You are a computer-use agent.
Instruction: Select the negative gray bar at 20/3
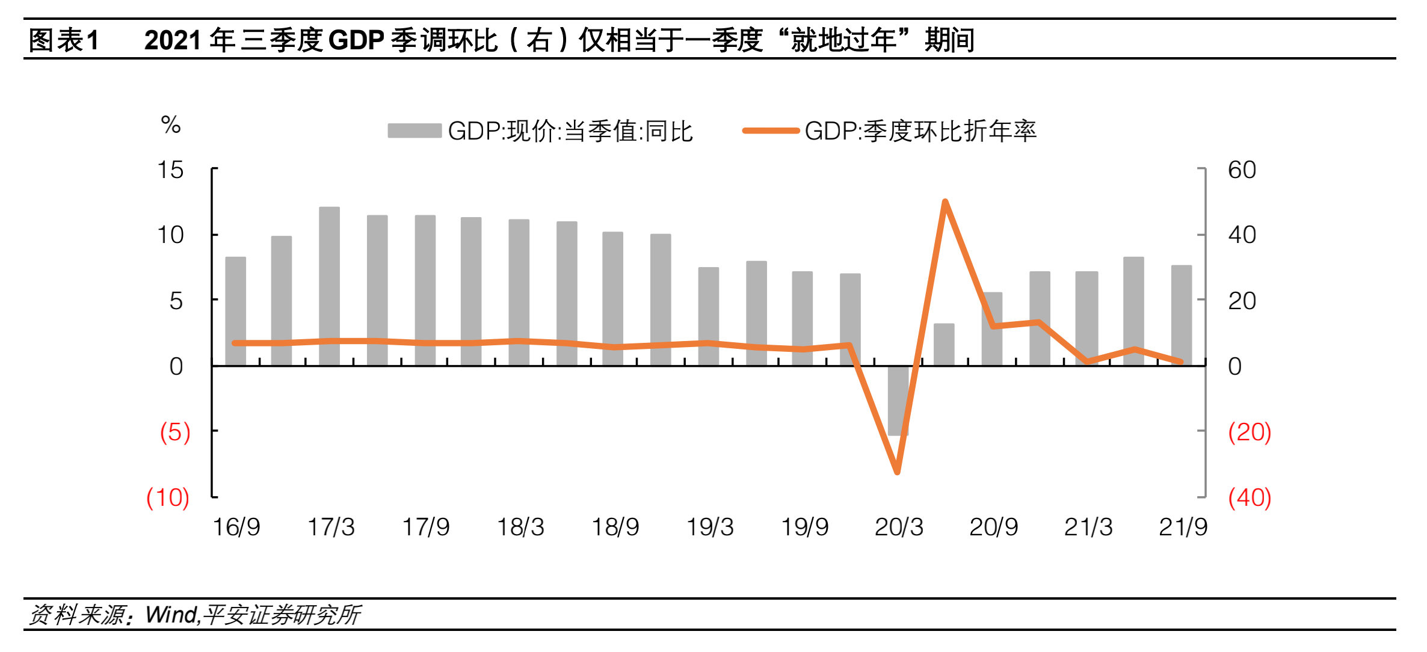tap(898, 401)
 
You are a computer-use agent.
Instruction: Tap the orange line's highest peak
tap(945, 202)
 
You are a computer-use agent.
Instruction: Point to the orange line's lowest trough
tap(897, 472)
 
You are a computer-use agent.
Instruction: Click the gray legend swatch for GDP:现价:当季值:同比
tap(415, 131)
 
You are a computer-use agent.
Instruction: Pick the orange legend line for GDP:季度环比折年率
tap(771, 131)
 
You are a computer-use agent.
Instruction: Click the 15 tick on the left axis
tap(170, 170)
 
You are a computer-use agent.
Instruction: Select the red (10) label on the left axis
tap(168, 498)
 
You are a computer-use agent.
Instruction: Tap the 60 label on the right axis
tap(1242, 170)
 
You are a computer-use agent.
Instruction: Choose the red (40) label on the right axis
tap(1250, 498)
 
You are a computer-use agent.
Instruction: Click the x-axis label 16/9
tap(236, 527)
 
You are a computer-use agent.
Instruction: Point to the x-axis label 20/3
tap(899, 527)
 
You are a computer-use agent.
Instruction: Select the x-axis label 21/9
tap(1183, 527)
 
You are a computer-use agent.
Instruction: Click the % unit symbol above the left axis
tap(171, 125)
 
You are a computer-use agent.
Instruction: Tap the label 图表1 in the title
tap(63, 40)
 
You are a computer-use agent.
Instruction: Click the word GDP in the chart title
tap(356, 40)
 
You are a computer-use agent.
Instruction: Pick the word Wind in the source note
tap(171, 615)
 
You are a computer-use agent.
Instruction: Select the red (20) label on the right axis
tap(1250, 432)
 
